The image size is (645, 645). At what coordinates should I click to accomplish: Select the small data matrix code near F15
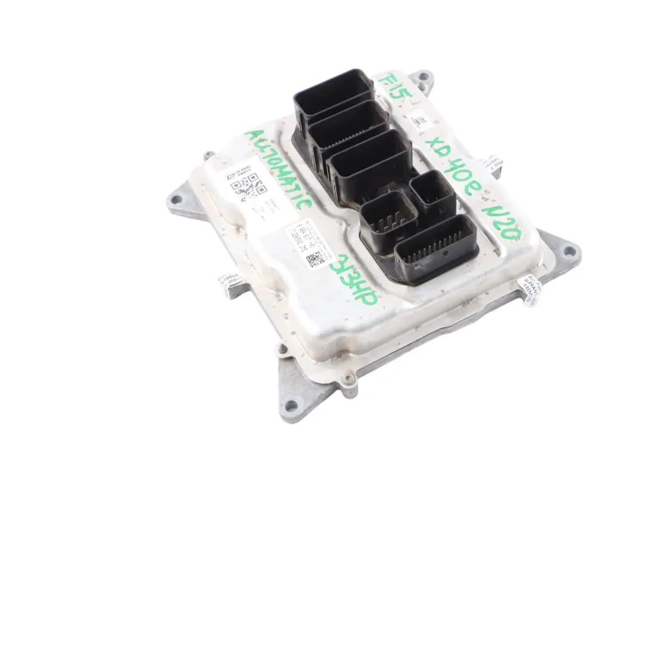coord(421,123)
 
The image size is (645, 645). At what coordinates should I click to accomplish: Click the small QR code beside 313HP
coord(315,261)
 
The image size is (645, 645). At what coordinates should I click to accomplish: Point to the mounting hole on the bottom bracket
coord(291,406)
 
